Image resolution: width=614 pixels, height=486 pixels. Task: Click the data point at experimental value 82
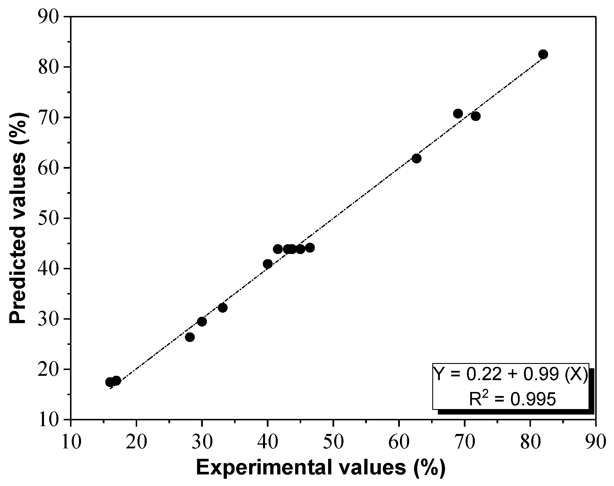coord(543,54)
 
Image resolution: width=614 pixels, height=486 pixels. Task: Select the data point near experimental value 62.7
coord(416,158)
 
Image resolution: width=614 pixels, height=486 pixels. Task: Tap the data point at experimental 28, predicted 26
coord(190,337)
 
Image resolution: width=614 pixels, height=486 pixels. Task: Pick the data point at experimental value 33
coord(223,308)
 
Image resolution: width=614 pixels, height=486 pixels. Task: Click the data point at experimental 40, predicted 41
coord(268,264)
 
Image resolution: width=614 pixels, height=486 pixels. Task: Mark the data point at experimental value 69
coord(458,114)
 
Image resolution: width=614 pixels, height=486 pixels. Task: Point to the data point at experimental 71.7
coord(476,116)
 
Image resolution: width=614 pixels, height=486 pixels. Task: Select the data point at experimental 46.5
coord(310,248)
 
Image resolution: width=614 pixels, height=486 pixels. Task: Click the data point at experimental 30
coord(202,321)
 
